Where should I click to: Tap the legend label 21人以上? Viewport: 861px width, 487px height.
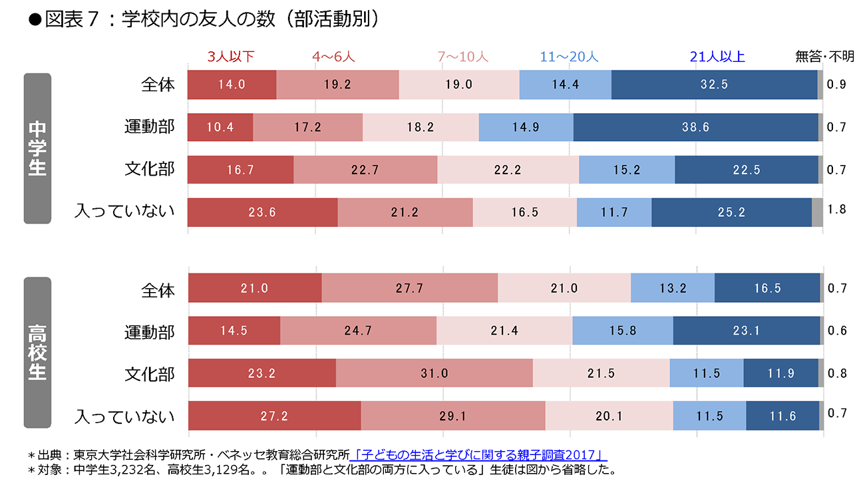pyautogui.click(x=717, y=57)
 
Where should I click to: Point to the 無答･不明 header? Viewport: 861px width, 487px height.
pyautogui.click(x=824, y=57)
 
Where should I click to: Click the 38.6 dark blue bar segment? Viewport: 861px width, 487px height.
pyautogui.click(x=695, y=127)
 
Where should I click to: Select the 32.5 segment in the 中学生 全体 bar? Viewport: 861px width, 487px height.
pyautogui.click(x=714, y=84)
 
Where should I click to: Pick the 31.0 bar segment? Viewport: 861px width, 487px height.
pyautogui.click(x=434, y=373)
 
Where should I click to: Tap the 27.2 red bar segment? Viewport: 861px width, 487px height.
pyautogui.click(x=274, y=416)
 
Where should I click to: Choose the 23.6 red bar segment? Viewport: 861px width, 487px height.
pyautogui.click(x=262, y=212)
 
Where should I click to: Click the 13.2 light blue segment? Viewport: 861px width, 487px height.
pyautogui.click(x=672, y=288)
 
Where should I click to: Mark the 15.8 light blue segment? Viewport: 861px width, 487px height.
pyautogui.click(x=622, y=331)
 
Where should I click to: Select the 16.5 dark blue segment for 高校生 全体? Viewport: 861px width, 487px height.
pyautogui.click(x=767, y=288)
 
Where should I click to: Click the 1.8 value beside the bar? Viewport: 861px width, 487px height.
pyautogui.click(x=836, y=210)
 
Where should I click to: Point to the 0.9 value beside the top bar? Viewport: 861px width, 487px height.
pyautogui.click(x=836, y=84)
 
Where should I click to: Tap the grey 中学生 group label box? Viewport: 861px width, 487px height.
pyautogui.click(x=37, y=148)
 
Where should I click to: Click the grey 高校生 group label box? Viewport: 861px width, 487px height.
pyautogui.click(x=37, y=352)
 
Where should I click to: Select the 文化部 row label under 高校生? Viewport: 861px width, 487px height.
pyautogui.click(x=149, y=374)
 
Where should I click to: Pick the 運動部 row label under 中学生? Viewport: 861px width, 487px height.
pyautogui.click(x=149, y=126)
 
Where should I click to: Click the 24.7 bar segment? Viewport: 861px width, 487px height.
pyautogui.click(x=358, y=331)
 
